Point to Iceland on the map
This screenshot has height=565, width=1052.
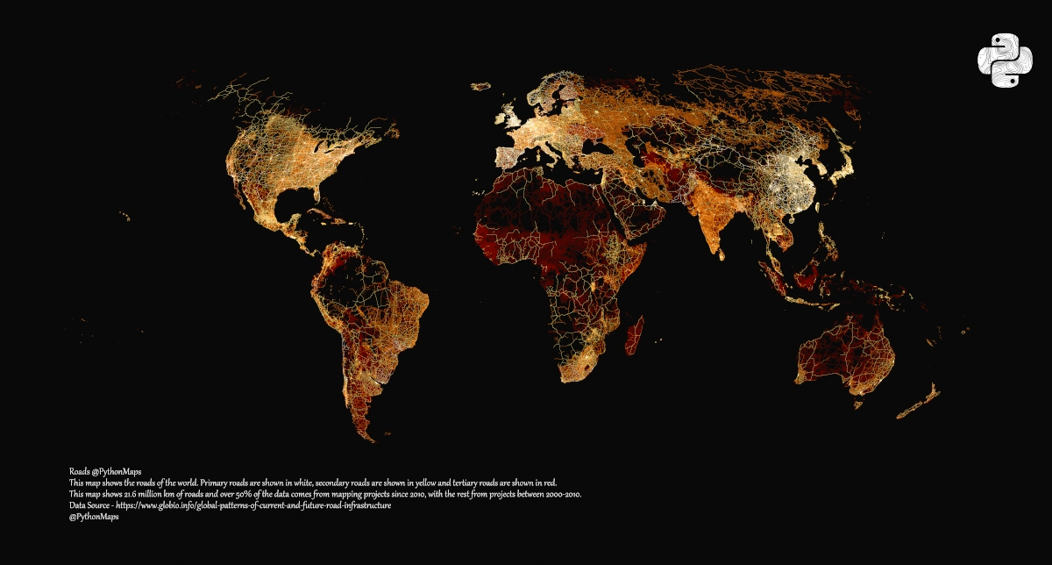pos(480,86)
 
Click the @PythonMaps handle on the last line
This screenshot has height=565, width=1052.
pos(94,518)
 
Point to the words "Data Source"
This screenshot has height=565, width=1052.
pos(89,506)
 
